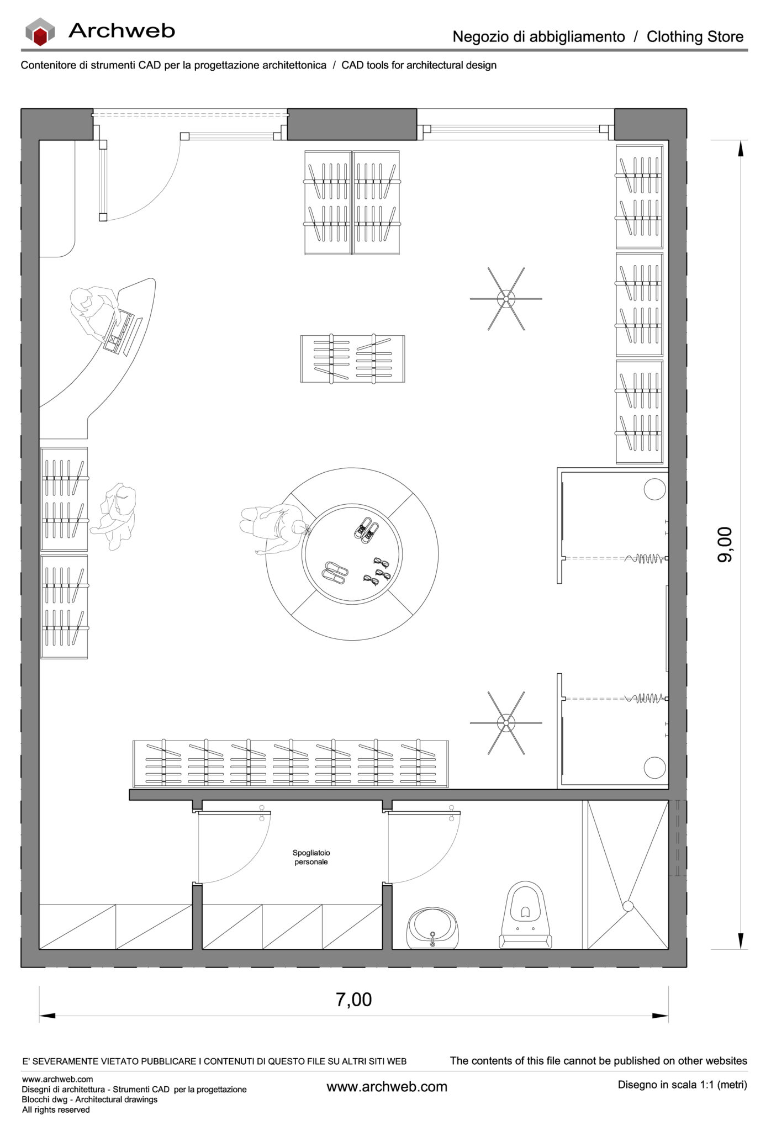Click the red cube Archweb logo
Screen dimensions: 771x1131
[40, 32]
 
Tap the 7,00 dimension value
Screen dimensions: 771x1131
[353, 999]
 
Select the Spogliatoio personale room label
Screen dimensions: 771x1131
[311, 857]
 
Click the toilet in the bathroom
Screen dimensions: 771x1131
[526, 915]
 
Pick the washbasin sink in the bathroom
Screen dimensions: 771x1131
[432, 929]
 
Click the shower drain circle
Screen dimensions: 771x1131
[627, 906]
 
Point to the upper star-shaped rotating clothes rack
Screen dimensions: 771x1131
[505, 299]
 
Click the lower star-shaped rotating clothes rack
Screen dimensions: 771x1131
[505, 722]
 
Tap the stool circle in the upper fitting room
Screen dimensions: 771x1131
[654, 489]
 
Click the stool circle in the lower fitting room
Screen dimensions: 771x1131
[654, 768]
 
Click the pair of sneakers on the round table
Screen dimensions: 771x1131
[366, 528]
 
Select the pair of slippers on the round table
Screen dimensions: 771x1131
[334, 573]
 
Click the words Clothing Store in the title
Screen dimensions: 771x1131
[695, 37]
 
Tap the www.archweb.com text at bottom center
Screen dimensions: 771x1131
[387, 1087]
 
